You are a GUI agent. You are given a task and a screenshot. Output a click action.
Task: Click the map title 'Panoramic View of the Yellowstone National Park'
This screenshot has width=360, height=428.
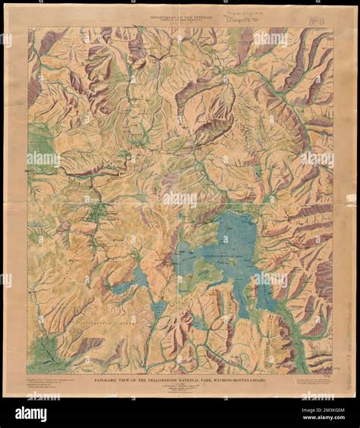179,364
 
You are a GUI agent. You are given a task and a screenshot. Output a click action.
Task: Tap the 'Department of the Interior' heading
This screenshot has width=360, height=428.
179,14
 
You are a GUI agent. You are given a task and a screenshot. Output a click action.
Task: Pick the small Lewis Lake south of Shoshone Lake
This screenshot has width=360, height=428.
158,309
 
